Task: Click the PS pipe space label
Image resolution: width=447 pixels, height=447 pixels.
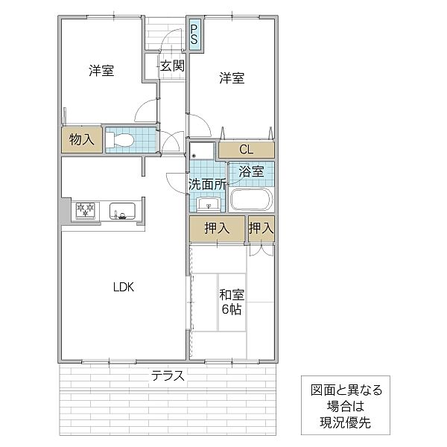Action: [x=194, y=34]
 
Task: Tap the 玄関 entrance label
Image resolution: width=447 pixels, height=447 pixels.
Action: [x=172, y=66]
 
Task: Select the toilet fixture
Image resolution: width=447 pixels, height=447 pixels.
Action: [x=120, y=140]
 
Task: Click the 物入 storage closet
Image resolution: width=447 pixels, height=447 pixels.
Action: [x=82, y=140]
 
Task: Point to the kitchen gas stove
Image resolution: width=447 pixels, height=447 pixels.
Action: [x=86, y=211]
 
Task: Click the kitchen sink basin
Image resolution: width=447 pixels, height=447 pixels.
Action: [x=123, y=211]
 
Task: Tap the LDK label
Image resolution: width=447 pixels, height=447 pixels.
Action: [x=124, y=287]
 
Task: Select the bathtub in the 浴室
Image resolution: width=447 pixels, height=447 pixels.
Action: [x=252, y=199]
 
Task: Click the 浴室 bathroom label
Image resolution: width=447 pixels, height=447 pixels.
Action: [x=251, y=171]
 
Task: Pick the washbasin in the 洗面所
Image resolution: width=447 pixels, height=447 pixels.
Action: [x=208, y=204]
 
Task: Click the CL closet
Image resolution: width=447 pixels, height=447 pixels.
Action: [x=247, y=150]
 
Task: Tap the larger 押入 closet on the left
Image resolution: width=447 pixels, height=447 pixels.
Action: [x=218, y=229]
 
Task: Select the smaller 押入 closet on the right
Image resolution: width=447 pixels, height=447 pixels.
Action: [x=261, y=229]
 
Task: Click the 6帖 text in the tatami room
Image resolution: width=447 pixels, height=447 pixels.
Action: [x=232, y=309]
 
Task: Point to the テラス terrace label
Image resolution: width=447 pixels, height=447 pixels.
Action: [x=168, y=375]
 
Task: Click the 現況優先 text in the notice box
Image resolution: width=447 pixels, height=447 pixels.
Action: [x=345, y=422]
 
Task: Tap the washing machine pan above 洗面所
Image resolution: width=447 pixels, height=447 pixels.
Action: [x=202, y=151]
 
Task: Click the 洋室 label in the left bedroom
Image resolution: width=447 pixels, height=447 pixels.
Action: [x=101, y=71]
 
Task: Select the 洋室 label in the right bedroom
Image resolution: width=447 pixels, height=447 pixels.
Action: [x=232, y=77]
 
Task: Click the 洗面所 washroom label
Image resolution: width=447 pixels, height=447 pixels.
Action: [x=208, y=185]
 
